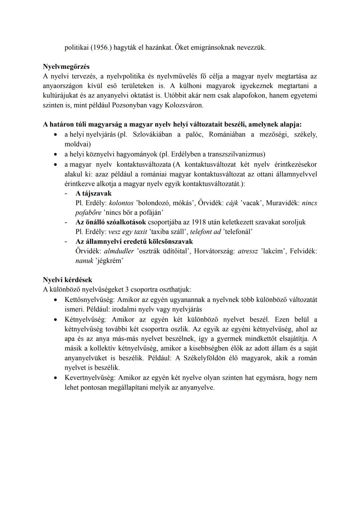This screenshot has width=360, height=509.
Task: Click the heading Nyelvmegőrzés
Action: coord(66,67)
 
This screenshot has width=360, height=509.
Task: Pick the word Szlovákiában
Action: coord(152,134)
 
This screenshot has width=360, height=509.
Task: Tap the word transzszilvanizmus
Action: coord(235,154)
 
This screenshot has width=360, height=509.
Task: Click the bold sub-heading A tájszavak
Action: coord(93,193)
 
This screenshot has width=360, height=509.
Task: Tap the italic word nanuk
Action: coord(84,261)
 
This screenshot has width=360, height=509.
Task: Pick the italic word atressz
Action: coord(248,251)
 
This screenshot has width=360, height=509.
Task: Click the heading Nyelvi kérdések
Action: coord(67,280)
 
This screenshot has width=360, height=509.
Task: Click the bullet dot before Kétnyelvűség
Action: coord(57,320)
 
